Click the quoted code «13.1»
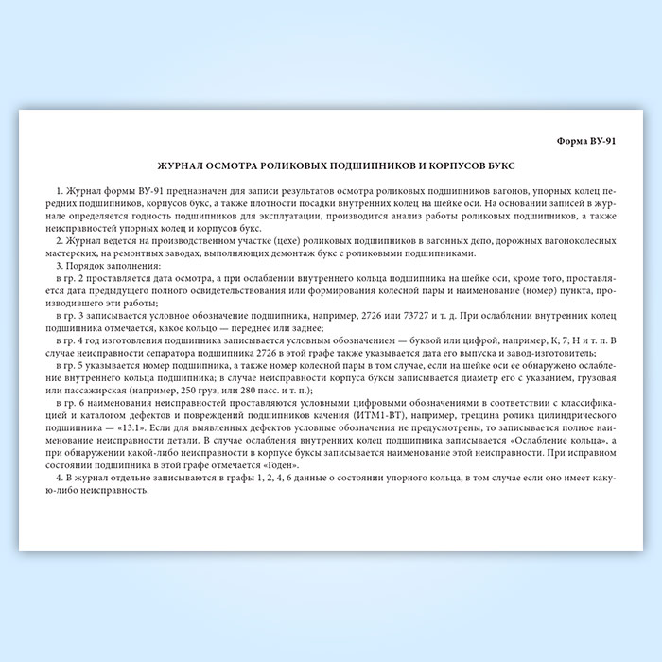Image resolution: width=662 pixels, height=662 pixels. click(123, 427)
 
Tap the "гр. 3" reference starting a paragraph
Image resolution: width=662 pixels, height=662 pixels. click(76, 315)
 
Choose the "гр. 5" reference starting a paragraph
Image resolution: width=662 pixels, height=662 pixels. click(76, 365)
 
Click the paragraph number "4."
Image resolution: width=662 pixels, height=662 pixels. click(59, 479)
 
